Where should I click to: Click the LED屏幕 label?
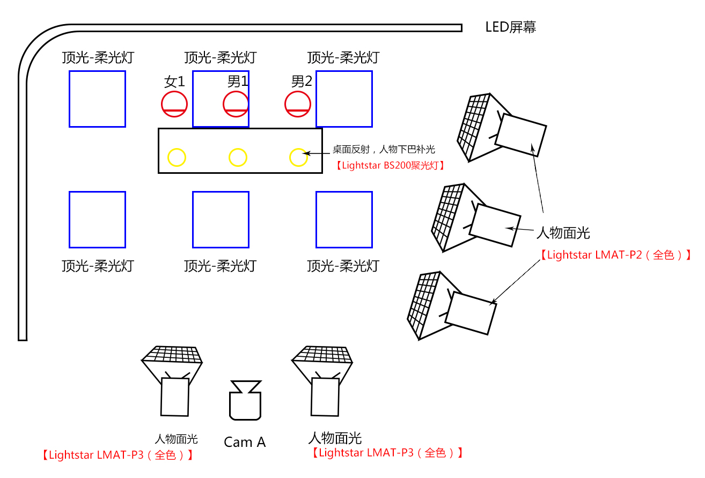coord(510,27)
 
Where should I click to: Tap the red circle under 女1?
coord(174,104)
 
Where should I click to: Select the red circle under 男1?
coord(236,104)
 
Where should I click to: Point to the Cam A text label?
coord(245,442)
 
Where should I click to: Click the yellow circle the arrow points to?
coord(298,157)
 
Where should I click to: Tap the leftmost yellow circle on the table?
coord(177,157)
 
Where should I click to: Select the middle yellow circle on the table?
coord(238,157)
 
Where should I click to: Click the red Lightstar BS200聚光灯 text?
coord(390,166)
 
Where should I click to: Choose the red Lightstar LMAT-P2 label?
coord(615,255)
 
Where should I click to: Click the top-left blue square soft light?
coord(97,99)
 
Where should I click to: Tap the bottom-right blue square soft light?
coord(344,219)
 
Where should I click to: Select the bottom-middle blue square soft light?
coord(221,219)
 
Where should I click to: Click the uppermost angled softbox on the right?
coord(499,129)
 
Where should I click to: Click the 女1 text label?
coord(174,82)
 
